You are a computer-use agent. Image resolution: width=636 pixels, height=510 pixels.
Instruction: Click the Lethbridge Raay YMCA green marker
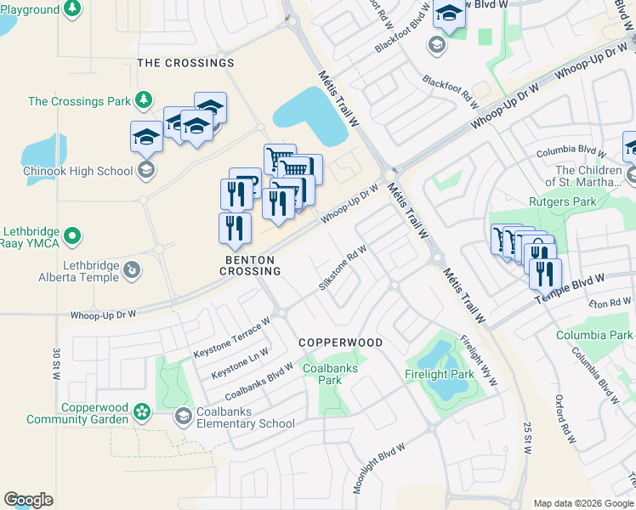(73, 235)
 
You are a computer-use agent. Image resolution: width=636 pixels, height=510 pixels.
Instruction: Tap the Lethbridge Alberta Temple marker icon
(131, 270)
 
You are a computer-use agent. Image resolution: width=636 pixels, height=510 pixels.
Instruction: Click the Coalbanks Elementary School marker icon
(183, 416)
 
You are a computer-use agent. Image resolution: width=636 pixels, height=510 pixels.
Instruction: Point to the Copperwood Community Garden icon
(141, 412)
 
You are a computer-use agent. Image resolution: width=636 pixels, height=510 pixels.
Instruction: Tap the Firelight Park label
(439, 374)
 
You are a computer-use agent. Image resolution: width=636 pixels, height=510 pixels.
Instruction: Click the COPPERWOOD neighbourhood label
(340, 342)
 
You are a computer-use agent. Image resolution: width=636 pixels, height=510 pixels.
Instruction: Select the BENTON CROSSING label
(250, 265)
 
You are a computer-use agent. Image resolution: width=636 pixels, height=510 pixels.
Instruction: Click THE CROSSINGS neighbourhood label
(185, 63)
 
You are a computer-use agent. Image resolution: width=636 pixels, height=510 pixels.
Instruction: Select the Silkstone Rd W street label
(343, 268)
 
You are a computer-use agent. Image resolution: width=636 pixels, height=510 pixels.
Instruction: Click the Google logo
(28, 500)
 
